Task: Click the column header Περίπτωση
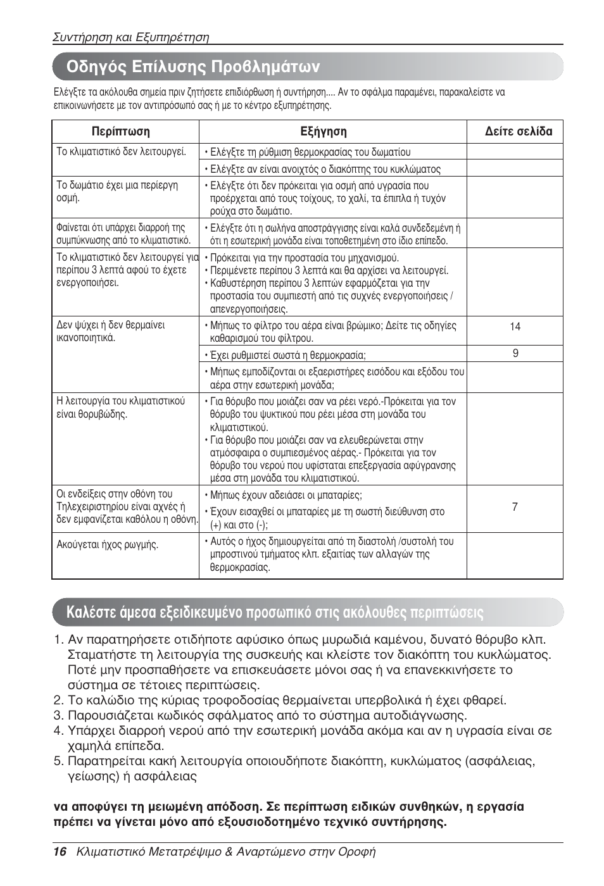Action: (121, 132)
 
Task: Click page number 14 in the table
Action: (515, 327)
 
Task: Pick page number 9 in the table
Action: (515, 353)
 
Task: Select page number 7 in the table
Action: (515, 507)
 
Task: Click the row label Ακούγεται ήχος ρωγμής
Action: (108, 544)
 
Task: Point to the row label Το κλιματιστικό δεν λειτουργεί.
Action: (121, 152)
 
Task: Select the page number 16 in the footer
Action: (60, 852)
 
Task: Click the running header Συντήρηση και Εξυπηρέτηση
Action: (130, 37)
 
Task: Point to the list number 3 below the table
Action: (58, 716)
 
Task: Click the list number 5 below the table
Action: (58, 761)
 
